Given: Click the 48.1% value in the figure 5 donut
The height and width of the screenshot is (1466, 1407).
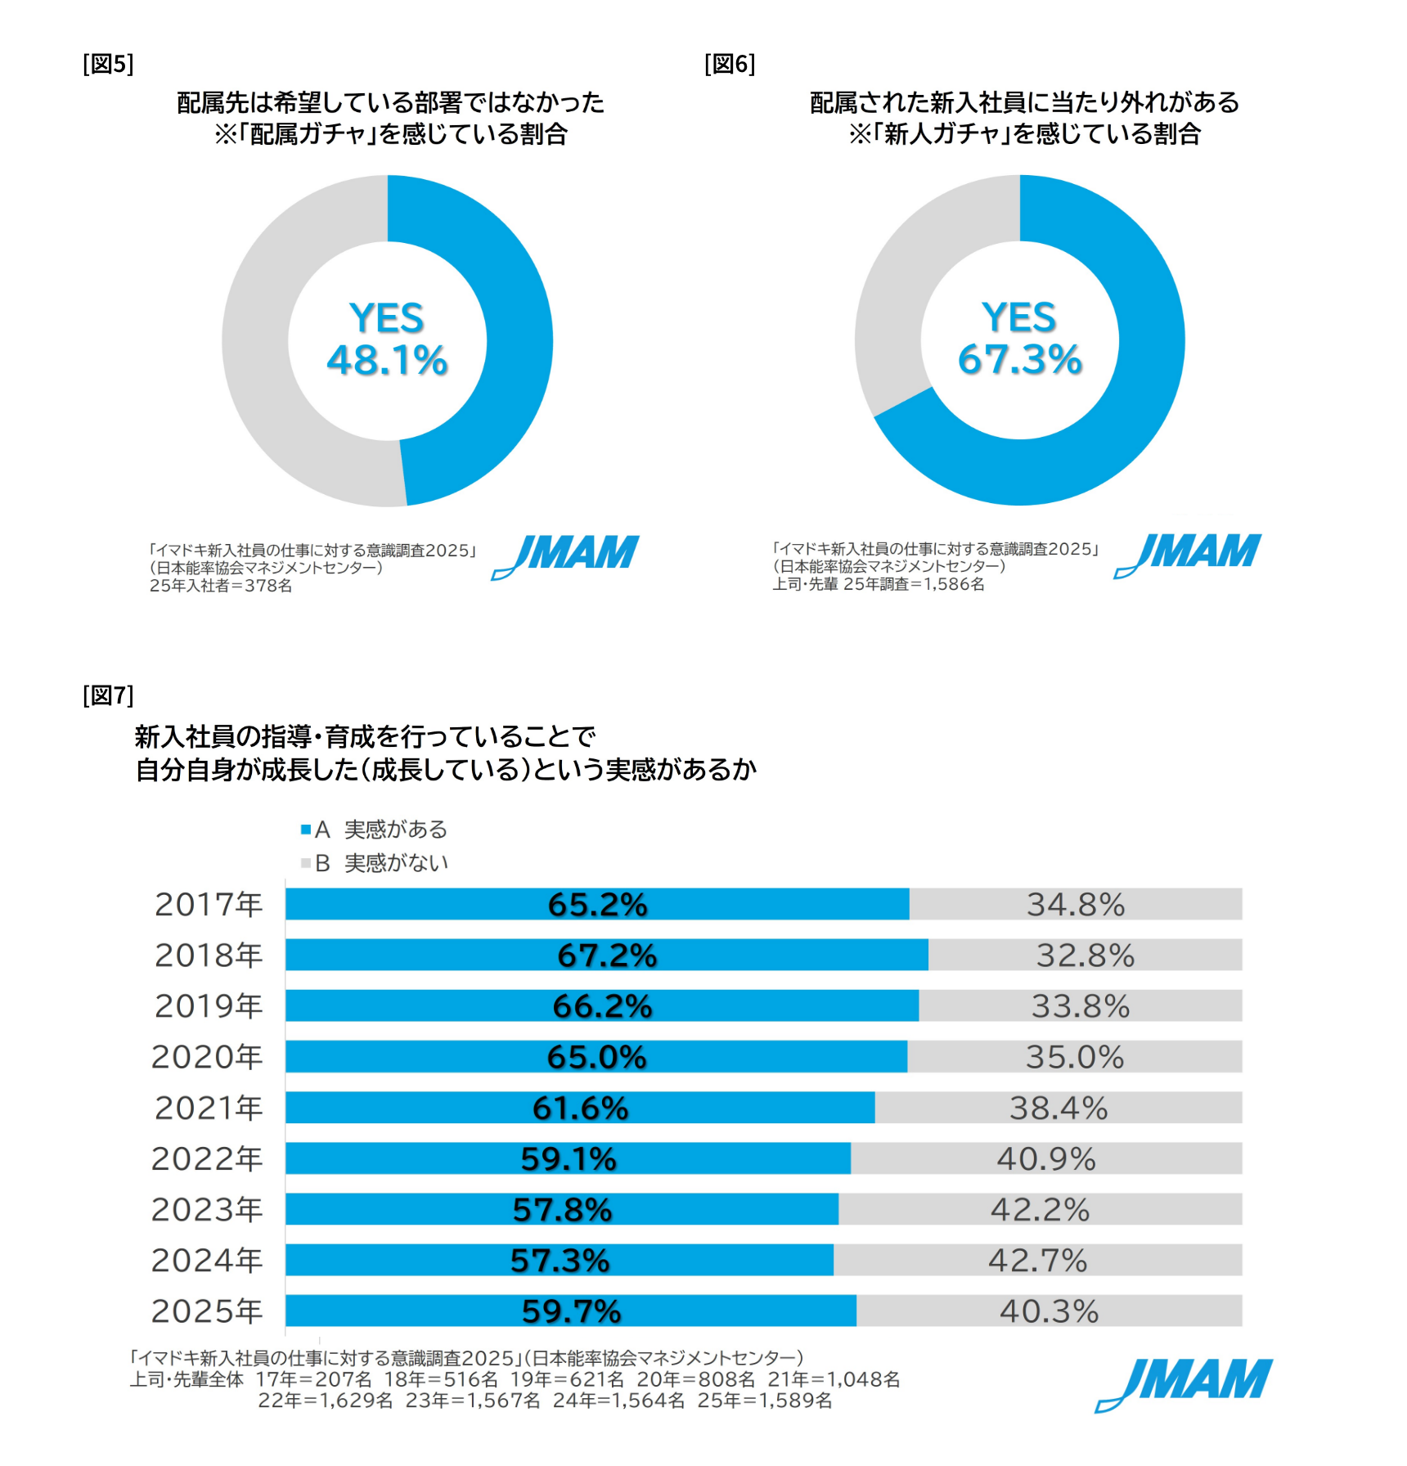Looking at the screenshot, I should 387,361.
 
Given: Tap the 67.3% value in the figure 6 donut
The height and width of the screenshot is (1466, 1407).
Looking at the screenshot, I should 1020,360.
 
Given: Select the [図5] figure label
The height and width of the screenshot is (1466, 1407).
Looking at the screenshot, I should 108,64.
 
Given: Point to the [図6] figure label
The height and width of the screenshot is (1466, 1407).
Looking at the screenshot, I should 730,64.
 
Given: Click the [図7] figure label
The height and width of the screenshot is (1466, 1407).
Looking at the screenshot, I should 108,695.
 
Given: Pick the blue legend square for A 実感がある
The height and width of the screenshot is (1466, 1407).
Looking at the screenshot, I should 306,830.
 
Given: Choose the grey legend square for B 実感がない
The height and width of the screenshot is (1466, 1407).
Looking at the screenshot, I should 306,863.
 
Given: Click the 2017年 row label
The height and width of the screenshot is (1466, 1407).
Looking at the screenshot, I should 209,905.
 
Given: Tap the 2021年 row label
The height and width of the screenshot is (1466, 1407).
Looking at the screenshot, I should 209,1108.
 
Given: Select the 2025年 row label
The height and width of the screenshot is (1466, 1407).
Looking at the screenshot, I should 207,1311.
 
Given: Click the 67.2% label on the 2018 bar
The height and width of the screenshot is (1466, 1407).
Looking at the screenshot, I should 607,956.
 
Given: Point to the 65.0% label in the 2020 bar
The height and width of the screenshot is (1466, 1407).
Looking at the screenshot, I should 596,1057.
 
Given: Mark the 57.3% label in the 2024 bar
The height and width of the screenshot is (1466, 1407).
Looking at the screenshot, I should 560,1261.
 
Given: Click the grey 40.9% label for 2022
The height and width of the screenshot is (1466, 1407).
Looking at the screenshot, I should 1046,1159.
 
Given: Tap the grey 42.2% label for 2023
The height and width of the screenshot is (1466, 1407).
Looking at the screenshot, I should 1041,1210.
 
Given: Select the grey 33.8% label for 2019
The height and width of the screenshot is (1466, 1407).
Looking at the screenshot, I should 1081,1006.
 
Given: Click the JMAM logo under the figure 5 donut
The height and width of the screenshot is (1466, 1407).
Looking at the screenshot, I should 566,556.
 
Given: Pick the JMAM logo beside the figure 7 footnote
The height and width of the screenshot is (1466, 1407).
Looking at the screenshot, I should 1184,1383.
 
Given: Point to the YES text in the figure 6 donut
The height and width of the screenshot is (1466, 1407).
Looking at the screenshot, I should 1019,317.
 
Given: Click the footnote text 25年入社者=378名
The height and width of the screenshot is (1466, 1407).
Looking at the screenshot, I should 221,586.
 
